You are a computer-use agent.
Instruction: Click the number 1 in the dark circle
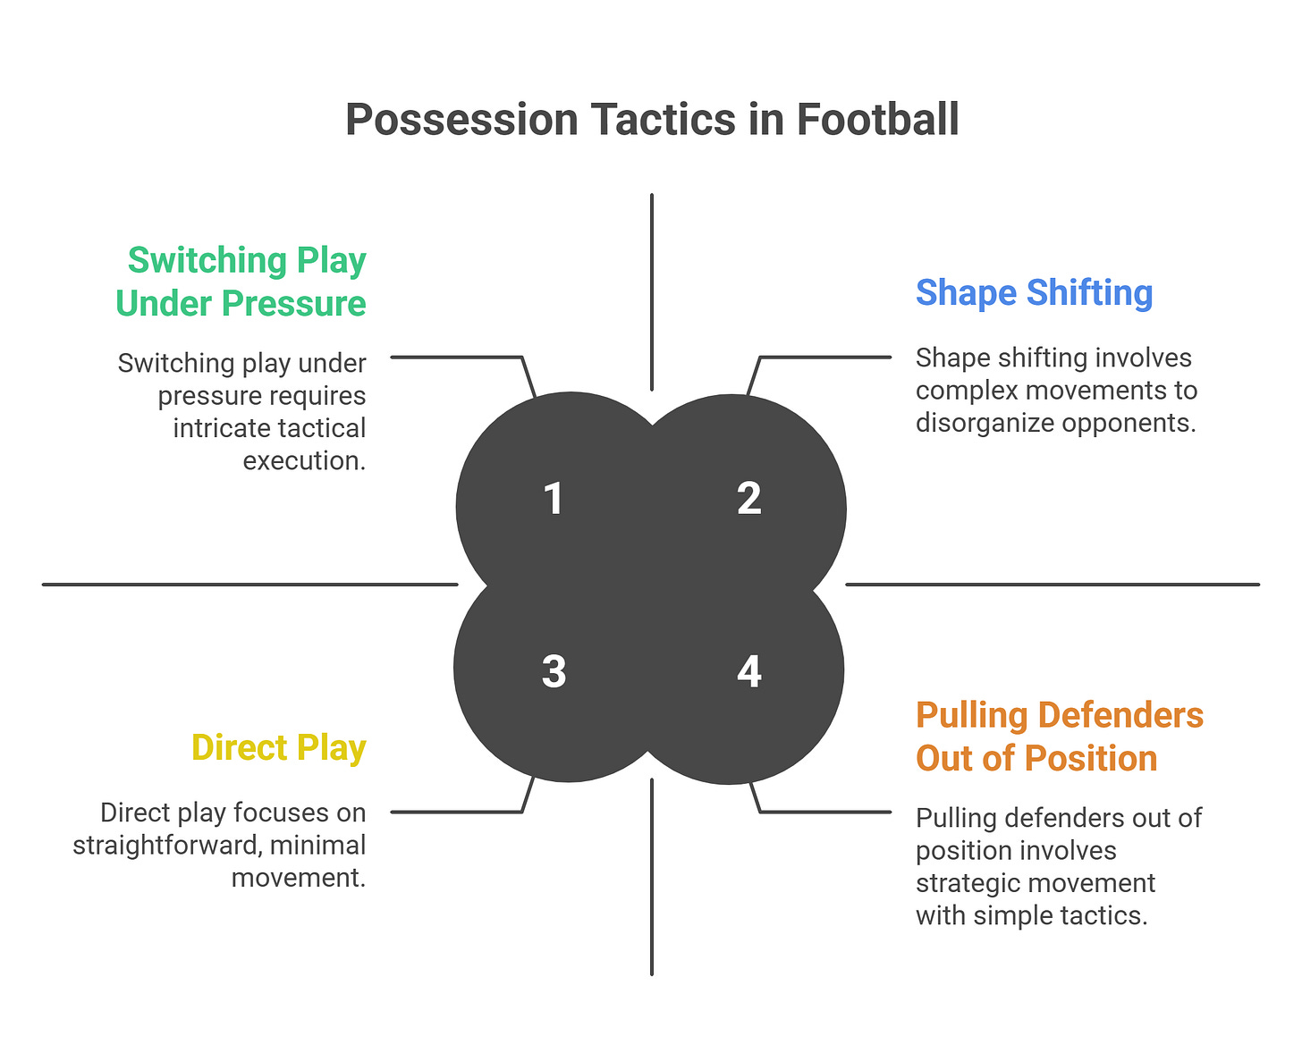(554, 499)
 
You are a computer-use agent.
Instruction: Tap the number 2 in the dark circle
(749, 499)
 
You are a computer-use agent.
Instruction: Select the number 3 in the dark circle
(554, 671)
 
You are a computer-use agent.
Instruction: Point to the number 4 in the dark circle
(749, 671)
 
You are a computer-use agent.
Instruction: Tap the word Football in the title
(877, 121)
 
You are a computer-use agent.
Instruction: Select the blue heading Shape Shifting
(1034, 293)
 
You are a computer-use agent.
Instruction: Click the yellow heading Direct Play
(279, 748)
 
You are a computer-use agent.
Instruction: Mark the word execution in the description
(304, 460)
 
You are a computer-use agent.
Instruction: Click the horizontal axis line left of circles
(249, 585)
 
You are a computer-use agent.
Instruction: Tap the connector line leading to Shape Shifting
(823, 358)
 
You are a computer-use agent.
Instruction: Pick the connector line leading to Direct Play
(456, 812)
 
